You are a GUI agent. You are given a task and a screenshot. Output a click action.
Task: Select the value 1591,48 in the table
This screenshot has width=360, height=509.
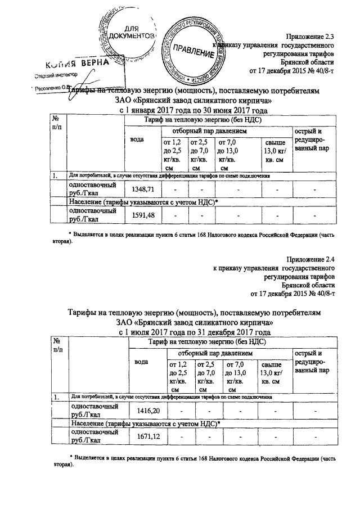[x=142, y=215]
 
